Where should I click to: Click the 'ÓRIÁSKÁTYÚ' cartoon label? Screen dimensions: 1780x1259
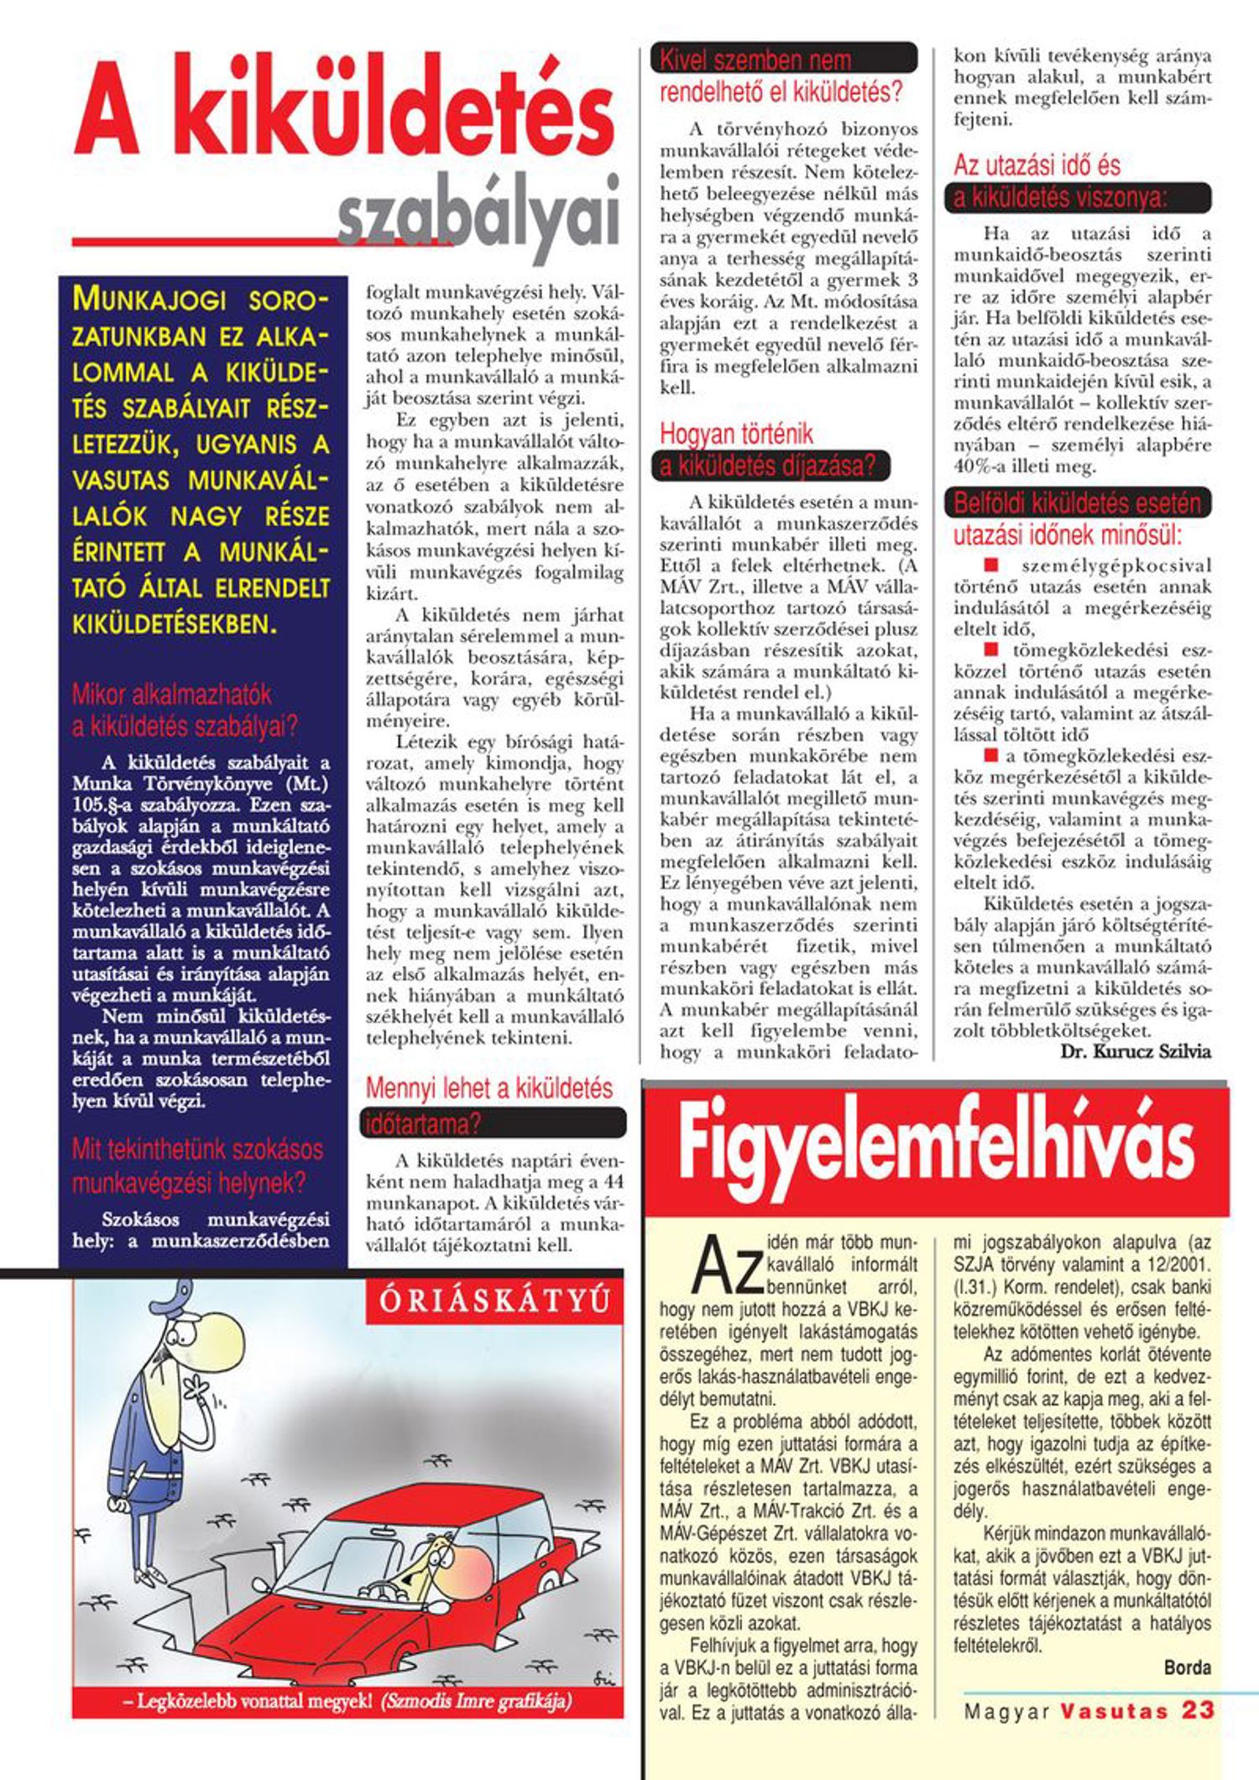point(494,1301)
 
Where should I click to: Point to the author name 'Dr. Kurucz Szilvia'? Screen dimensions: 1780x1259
point(1136,1052)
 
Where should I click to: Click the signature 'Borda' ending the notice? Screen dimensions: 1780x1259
point(1187,1667)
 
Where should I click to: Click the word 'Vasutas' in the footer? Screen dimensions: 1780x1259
point(1114,1710)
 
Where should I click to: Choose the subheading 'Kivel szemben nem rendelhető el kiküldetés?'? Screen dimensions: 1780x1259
point(781,76)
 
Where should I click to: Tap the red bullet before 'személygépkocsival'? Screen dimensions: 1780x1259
point(990,565)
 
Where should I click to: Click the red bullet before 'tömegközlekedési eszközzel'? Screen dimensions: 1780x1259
point(990,649)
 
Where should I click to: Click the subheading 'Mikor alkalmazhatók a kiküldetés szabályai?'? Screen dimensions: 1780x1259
point(185,710)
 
